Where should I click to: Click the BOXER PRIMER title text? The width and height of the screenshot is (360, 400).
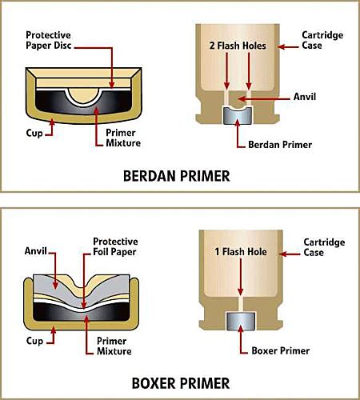tap(179, 382)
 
